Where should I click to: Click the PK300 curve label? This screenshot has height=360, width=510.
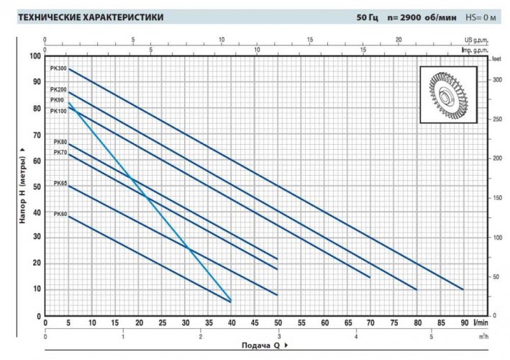point(58,68)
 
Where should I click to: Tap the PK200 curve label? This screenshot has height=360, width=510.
point(58,89)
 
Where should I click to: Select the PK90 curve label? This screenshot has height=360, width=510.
point(57,100)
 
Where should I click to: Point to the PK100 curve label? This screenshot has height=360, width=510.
point(58,111)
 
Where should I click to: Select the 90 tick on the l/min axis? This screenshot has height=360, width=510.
point(464,323)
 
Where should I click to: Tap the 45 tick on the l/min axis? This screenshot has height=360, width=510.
point(255,323)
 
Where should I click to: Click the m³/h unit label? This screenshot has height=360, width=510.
point(491,336)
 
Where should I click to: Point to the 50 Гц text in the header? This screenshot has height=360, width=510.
point(367,17)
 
